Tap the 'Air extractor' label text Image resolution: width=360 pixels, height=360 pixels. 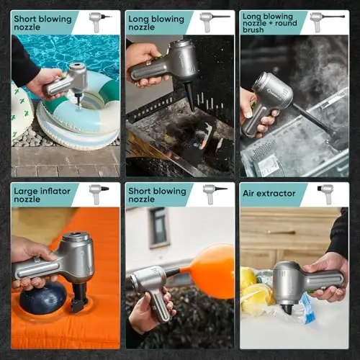(269, 194)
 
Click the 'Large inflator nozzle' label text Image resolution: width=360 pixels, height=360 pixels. (42, 195)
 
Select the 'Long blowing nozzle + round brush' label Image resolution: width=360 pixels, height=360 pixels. (270, 23)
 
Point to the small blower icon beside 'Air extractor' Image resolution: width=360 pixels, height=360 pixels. (325, 194)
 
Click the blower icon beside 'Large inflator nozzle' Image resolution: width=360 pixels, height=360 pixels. (99, 194)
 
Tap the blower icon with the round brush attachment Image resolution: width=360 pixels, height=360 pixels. (327, 22)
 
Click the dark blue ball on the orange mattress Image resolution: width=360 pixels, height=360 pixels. (42, 298)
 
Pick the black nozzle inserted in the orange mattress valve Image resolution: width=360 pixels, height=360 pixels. (78, 297)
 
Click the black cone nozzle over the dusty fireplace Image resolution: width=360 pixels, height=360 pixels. (189, 97)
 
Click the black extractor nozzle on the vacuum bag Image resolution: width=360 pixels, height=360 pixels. (287, 308)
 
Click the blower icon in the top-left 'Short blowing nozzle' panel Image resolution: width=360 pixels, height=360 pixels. (99, 22)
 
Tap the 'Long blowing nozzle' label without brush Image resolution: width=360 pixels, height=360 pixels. (156, 23)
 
